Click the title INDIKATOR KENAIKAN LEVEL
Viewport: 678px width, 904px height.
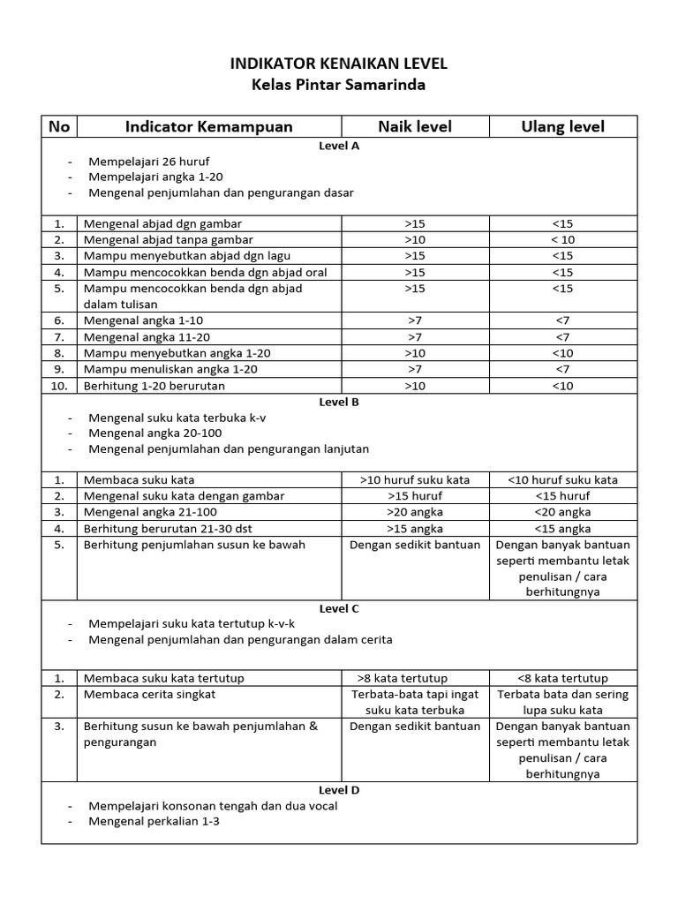coord(339,64)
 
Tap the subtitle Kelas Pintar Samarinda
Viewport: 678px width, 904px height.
coord(339,86)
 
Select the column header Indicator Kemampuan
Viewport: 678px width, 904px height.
coord(208,126)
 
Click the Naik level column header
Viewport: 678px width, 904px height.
coord(415,126)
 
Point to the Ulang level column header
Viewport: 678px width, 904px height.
coord(562,126)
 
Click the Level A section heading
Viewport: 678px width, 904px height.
coord(339,147)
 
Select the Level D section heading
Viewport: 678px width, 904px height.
coord(339,790)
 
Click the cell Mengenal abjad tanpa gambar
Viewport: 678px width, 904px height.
coord(169,240)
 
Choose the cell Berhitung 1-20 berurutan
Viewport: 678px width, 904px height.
coord(154,385)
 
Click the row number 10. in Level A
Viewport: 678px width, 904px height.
coord(59,385)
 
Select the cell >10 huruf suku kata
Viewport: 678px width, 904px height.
coord(415,480)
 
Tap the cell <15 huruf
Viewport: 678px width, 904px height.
coord(562,496)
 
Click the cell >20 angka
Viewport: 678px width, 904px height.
coord(415,512)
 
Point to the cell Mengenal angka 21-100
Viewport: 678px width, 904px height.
coord(150,512)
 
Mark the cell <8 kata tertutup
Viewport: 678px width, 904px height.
coord(562,678)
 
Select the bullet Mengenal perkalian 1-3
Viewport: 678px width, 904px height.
coord(154,821)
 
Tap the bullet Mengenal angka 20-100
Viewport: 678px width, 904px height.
coord(154,433)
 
